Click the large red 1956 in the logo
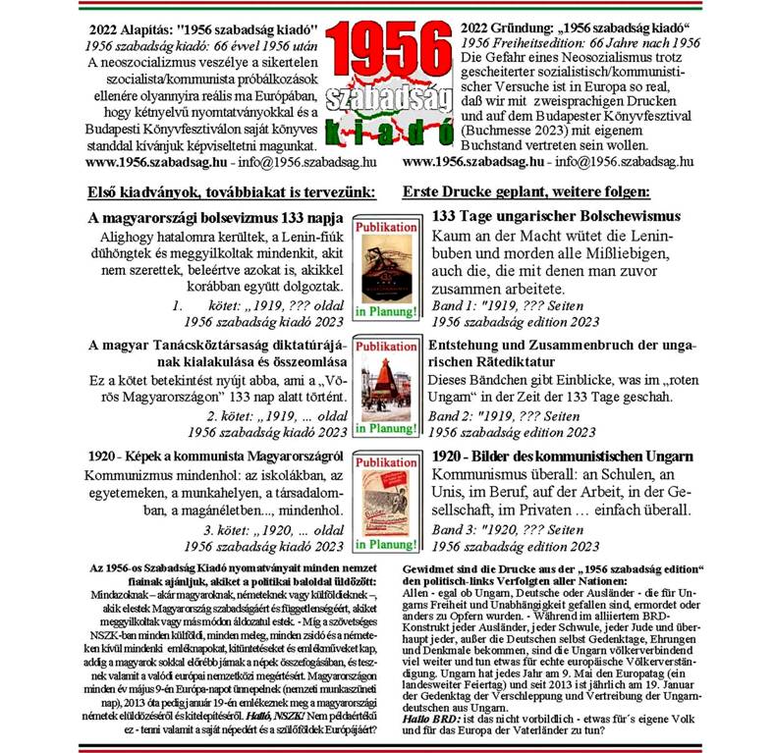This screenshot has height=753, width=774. click(387, 44)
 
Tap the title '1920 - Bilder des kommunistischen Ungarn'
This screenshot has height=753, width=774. click(564, 457)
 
